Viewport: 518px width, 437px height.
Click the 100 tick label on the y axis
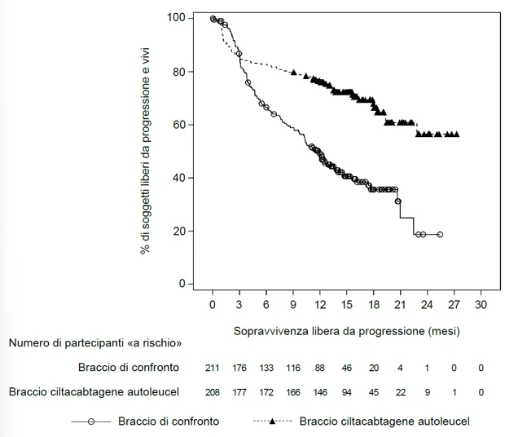(175, 18)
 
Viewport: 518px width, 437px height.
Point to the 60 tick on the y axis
(190, 125)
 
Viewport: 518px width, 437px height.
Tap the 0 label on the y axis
(182, 284)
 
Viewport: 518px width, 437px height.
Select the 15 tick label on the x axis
(346, 304)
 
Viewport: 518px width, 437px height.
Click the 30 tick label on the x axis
(481, 304)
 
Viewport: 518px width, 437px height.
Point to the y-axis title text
(145, 151)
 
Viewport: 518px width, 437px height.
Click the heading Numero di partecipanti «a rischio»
(95, 342)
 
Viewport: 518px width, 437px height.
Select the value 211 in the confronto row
(212, 368)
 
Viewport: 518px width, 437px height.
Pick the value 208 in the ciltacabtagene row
(212, 392)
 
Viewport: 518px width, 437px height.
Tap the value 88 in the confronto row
(320, 368)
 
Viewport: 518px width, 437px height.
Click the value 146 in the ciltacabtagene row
(320, 392)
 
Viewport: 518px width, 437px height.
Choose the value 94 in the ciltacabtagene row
(346, 392)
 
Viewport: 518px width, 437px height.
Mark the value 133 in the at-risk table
(266, 368)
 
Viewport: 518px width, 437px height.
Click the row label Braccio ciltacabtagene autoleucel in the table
(94, 392)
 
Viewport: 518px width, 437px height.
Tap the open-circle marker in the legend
(91, 422)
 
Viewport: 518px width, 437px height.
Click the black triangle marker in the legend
(272, 422)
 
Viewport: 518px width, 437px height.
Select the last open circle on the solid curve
(440, 234)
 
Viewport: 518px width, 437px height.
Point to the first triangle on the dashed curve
(294, 72)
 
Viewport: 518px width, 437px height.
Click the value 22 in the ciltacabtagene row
(401, 392)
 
